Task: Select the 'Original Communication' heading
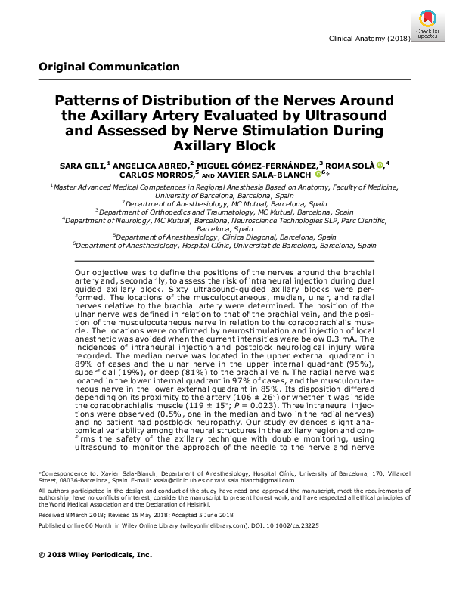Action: (x=109, y=67)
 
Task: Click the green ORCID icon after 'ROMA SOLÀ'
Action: (x=380, y=163)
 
